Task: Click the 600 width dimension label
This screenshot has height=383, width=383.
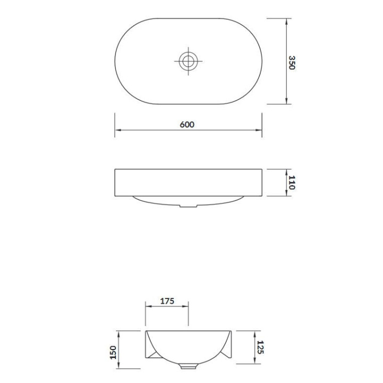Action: pos(187,124)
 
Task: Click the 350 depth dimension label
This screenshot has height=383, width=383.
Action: pos(292,62)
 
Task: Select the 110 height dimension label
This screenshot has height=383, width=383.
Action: pos(292,182)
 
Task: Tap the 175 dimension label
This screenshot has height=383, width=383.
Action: pos(167,301)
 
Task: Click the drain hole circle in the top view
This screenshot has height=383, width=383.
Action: pos(188,61)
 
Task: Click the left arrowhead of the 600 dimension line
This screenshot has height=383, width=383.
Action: pos(118,130)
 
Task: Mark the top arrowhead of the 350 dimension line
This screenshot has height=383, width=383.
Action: pos(287,21)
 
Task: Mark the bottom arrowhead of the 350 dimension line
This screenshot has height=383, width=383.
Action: pos(287,102)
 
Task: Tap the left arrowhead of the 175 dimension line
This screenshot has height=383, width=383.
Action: pos(148,306)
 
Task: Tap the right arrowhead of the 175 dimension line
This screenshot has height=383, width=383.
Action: pos(186,306)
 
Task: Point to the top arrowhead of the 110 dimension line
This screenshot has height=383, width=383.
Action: pos(287,172)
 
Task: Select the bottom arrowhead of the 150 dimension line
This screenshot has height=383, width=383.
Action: pos(119,366)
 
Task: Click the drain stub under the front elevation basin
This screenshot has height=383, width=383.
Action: pos(187,205)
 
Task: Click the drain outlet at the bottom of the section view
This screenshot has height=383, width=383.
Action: pos(188,367)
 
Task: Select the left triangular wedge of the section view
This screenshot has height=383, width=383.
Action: pos(151,352)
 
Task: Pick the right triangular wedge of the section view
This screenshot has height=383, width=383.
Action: pos(226,352)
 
